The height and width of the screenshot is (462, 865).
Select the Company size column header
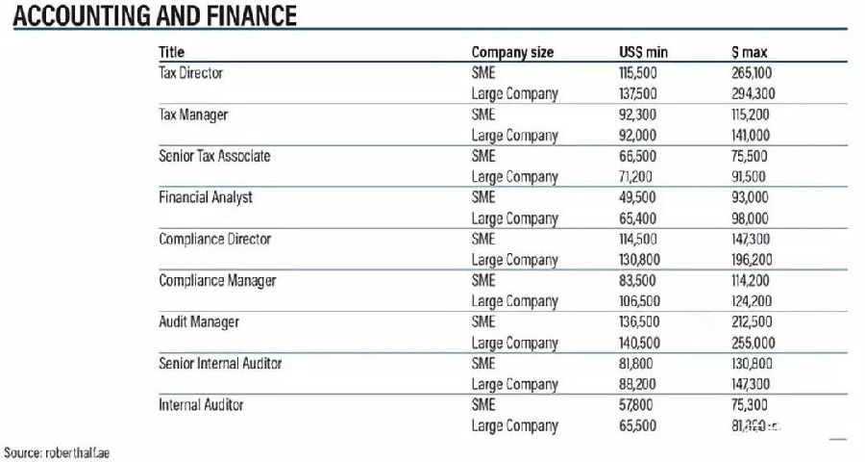[512, 52]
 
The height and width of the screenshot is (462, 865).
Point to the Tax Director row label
[190, 73]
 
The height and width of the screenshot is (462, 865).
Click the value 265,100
[753, 73]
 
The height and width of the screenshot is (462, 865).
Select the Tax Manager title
[192, 115]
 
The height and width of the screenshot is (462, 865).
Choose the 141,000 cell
[752, 136]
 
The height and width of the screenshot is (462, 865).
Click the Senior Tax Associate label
[214, 156]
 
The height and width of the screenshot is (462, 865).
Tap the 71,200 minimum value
[635, 177]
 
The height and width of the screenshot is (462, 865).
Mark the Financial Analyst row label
[206, 197]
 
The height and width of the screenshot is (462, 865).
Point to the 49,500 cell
[636, 197]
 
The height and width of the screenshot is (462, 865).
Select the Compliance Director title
[214, 239]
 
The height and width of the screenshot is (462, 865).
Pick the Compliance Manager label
[217, 280]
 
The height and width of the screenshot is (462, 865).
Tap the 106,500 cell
[638, 301]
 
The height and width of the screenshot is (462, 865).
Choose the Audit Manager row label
[199, 321]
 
